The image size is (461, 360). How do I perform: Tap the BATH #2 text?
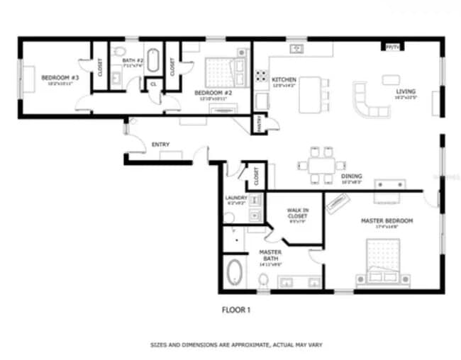pos(133,61)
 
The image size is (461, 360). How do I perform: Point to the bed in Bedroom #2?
pos(220,71)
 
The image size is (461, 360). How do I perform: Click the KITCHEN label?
pos(284,80)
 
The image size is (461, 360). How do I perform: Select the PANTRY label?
pos(260,123)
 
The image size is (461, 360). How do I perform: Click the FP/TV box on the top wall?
pos(391,47)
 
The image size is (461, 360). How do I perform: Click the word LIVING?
pos(406,91)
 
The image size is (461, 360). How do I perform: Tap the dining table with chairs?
pos(321,162)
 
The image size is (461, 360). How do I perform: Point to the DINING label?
pos(351,176)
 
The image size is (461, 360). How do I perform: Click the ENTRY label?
pos(160,145)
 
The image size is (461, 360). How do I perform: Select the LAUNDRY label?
pos(235,198)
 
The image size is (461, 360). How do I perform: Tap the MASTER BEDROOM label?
pos(387,221)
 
